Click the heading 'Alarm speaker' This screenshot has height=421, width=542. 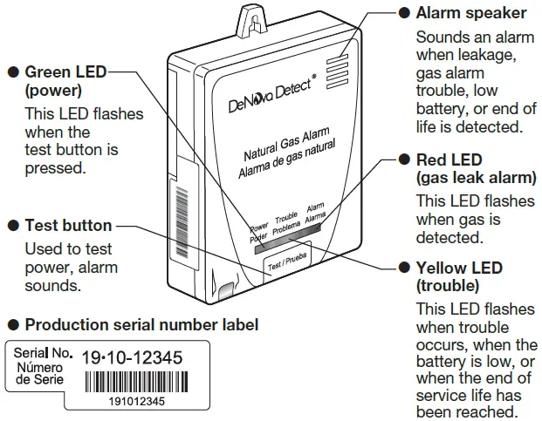coord(470,13)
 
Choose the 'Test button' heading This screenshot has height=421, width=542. coord(69,226)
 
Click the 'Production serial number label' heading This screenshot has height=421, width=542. coord(141,325)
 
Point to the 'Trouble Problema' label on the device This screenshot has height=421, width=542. coord(286,225)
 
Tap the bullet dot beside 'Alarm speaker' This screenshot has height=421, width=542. coord(404,13)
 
